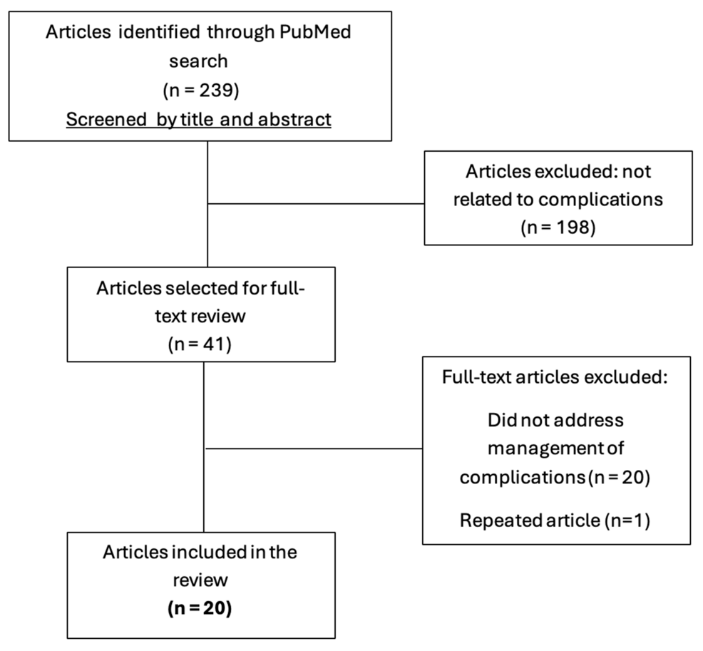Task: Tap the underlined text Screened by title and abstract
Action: (199, 119)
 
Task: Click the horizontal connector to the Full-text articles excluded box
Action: (314, 449)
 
